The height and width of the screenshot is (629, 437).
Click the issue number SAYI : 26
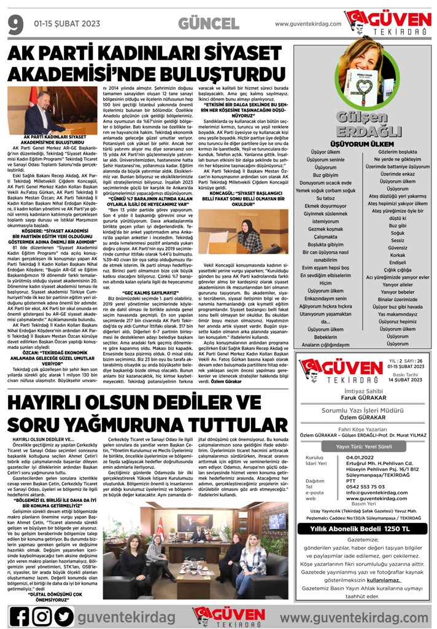coord(413,362)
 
